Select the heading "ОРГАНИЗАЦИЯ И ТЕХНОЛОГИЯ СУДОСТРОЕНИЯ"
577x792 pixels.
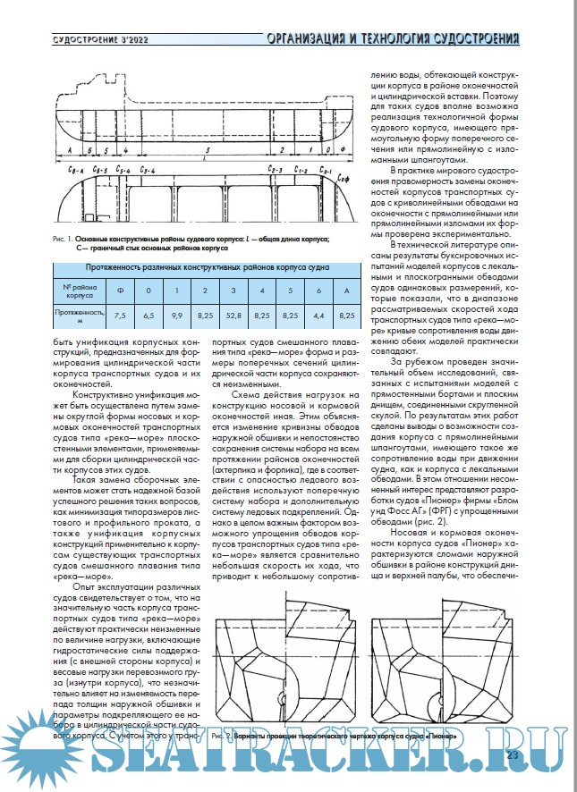(x=393, y=38)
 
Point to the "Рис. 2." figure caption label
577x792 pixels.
(x=225, y=735)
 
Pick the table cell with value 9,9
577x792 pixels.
(x=177, y=316)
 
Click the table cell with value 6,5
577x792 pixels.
(x=149, y=316)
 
